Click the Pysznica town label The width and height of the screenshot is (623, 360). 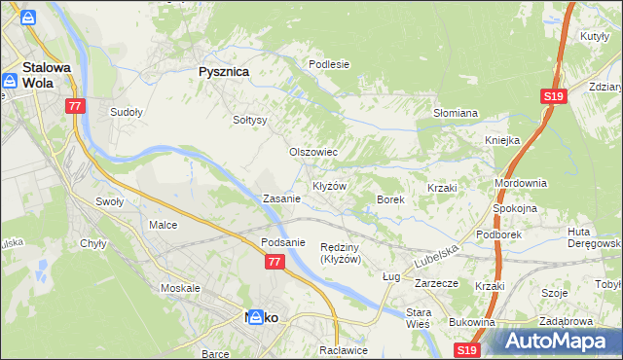click(x=223, y=72)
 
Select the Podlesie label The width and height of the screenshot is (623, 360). click(x=329, y=64)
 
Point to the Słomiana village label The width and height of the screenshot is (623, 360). click(x=455, y=113)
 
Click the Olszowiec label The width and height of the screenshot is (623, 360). click(x=313, y=152)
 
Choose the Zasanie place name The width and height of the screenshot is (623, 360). click(x=281, y=198)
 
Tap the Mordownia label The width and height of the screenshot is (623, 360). click(x=521, y=183)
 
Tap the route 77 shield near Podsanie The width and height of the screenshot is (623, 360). click(x=274, y=262)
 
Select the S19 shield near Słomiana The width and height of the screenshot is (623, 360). click(x=553, y=95)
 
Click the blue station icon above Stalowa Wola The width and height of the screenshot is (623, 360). click(x=28, y=19)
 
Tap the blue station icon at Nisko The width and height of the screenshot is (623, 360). click(x=255, y=318)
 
